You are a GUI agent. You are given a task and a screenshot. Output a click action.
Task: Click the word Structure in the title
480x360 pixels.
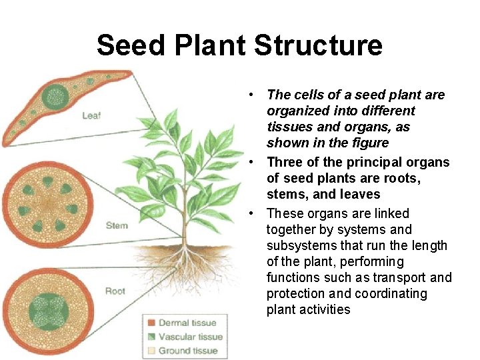click(x=319, y=45)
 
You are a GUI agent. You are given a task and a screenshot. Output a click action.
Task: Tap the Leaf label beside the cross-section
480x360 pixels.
click(x=91, y=115)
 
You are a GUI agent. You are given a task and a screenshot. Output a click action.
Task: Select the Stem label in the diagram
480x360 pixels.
click(x=117, y=225)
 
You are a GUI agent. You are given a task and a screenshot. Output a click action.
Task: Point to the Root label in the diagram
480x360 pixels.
click(x=115, y=291)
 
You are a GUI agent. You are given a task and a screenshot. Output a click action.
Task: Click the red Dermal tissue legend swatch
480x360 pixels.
click(x=152, y=323)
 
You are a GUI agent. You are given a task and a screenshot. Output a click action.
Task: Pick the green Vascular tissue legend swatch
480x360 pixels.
click(x=152, y=337)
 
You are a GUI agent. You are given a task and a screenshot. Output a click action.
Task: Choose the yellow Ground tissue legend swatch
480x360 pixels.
click(x=152, y=350)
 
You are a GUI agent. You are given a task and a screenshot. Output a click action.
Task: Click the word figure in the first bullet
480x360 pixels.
click(x=367, y=143)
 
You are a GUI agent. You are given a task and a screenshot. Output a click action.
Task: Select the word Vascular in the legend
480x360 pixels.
click(x=177, y=337)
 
